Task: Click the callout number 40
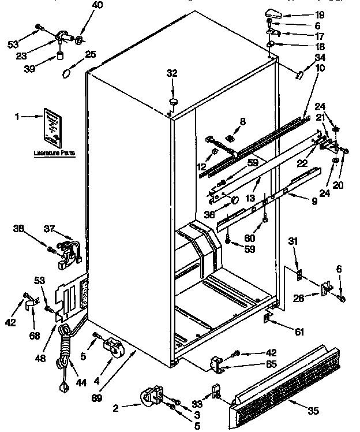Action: pos(81,6)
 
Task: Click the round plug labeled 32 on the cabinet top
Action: pos(172,102)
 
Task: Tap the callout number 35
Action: pos(314,411)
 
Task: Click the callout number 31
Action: pos(294,241)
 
